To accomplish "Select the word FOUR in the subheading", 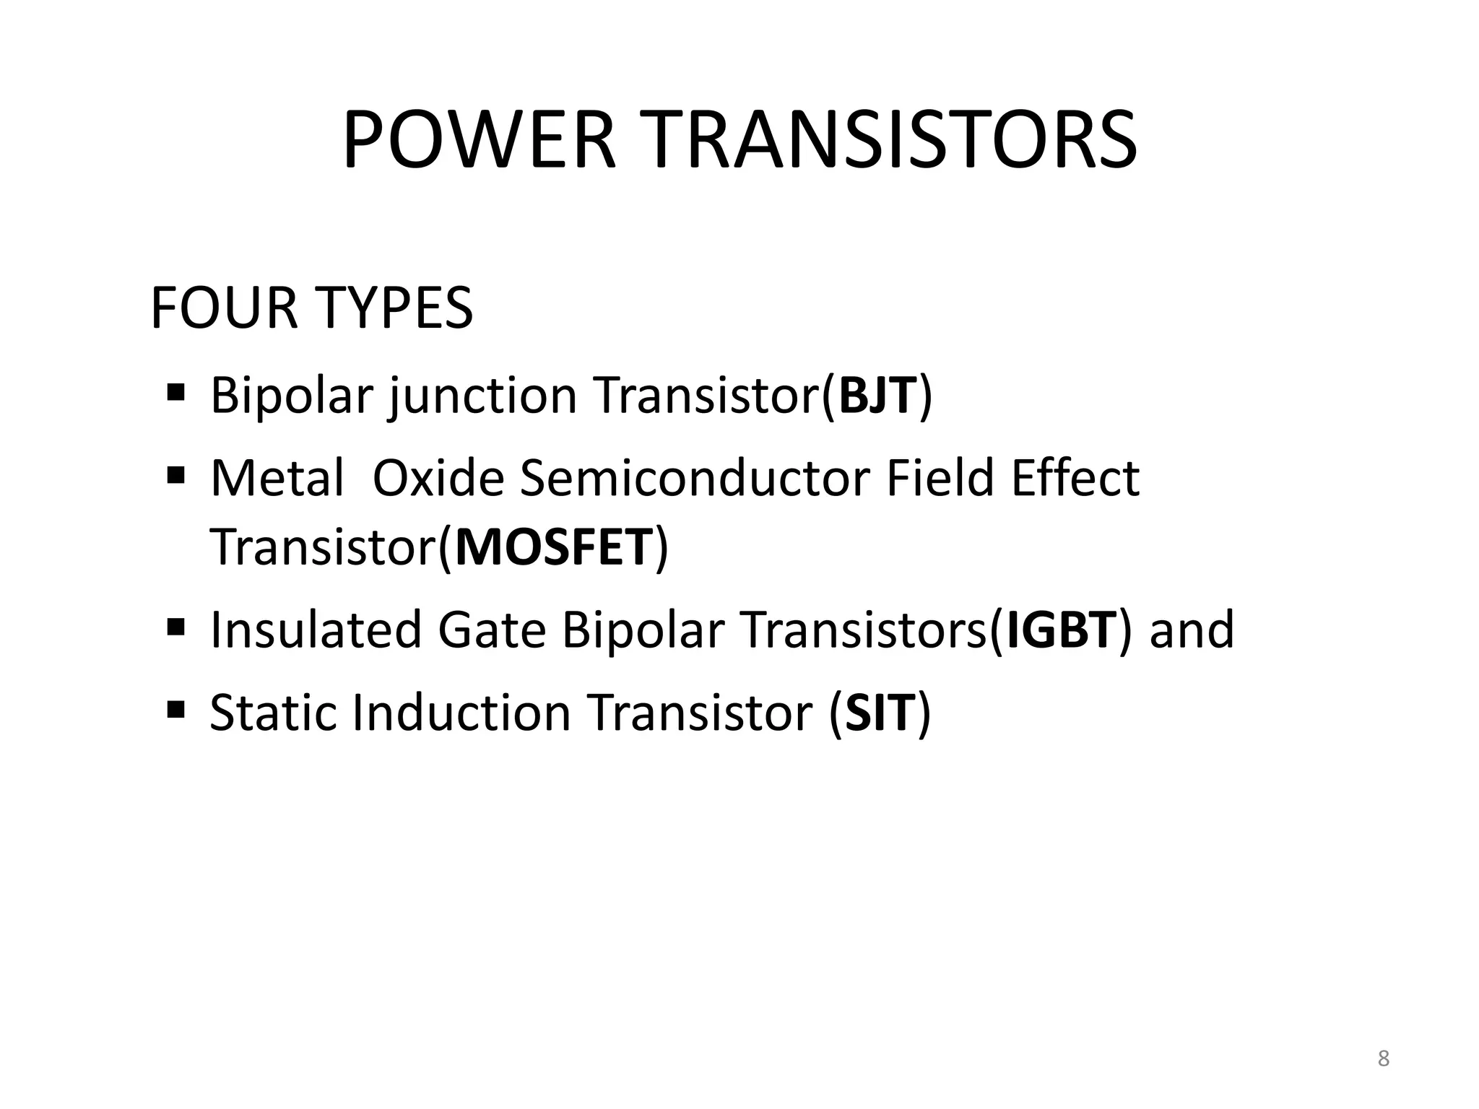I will tap(223, 308).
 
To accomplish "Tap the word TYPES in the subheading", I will tap(394, 308).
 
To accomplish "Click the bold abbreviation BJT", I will tap(877, 396).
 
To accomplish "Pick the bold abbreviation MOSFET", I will tap(555, 547).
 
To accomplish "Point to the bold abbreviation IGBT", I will tap(1061, 630).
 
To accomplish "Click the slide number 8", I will tap(1383, 1059).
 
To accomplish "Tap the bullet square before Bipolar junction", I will tap(175, 393).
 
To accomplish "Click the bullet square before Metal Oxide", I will tap(175, 476).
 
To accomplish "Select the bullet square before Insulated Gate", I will tap(175, 625).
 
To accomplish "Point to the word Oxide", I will tap(438, 478).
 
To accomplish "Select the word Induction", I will tap(461, 713).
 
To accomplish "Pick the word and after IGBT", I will tap(1192, 630).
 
